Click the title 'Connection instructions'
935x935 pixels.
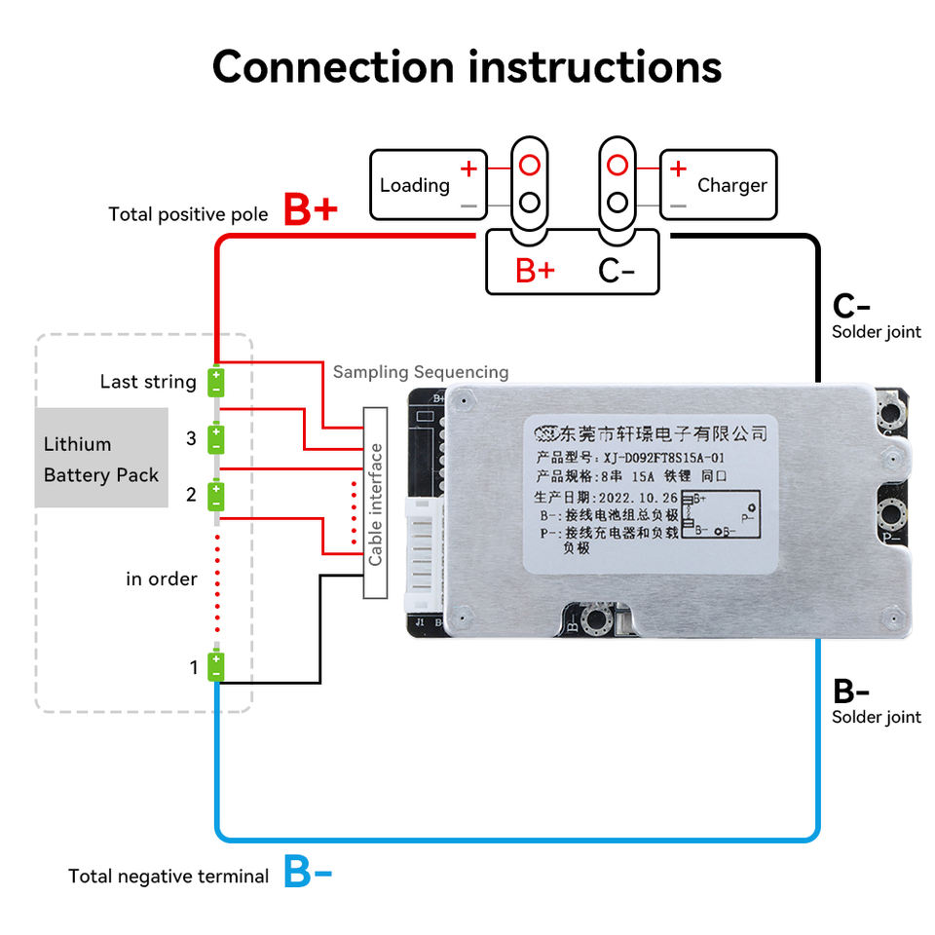tap(467, 66)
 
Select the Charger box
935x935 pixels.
tap(719, 184)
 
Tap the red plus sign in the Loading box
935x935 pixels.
tap(468, 168)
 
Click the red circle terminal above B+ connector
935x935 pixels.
tap(529, 165)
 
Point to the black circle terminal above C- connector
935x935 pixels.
tap(617, 203)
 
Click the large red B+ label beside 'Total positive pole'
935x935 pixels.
tap(310, 210)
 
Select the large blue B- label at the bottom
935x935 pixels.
tap(308, 872)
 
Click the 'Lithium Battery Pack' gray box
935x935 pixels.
tap(101, 458)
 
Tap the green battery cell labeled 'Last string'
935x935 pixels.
tap(216, 381)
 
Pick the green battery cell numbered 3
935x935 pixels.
tap(216, 438)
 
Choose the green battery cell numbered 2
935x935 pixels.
tap(216, 495)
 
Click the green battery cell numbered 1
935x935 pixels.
tap(216, 667)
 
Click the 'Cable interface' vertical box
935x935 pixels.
tap(375, 503)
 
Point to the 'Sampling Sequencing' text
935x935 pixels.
tap(421, 372)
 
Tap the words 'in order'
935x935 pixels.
tap(162, 579)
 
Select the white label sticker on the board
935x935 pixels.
tap(651, 492)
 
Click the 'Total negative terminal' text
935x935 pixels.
tap(168, 877)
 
